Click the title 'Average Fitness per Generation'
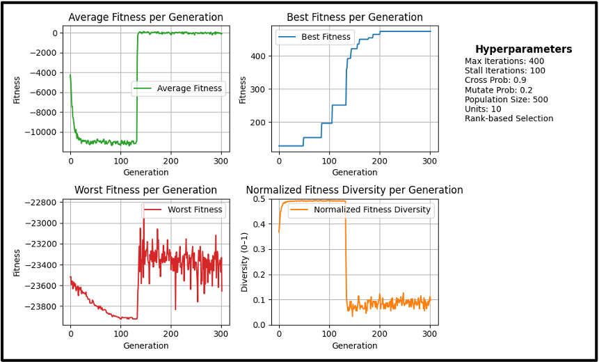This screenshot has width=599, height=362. tap(145, 17)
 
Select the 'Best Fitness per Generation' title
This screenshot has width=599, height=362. tap(354, 17)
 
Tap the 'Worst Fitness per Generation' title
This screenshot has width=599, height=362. tap(145, 190)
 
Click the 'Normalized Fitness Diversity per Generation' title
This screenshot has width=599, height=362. tap(354, 190)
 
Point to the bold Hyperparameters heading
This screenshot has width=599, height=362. tap(523, 49)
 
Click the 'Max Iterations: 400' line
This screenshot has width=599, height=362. tap(504, 61)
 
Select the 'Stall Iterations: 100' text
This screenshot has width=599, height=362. tap(505, 71)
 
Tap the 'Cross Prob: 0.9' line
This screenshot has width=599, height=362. tap(495, 80)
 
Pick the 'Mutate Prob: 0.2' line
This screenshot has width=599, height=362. tap(498, 90)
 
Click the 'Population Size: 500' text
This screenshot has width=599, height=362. tap(506, 100)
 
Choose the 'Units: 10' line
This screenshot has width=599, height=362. tap(483, 109)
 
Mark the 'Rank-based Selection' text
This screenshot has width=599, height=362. tap(509, 118)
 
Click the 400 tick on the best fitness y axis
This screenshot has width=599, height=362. tap(258, 56)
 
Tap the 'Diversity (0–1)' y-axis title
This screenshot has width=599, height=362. tap(244, 262)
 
